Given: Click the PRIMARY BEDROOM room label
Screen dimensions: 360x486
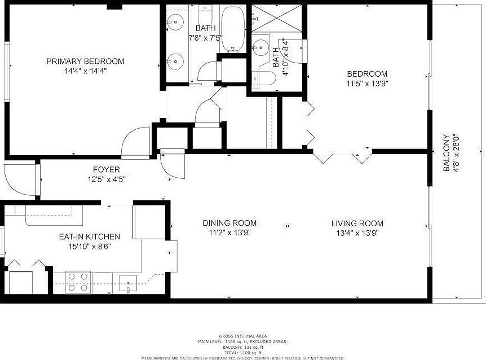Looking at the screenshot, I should click(85, 61).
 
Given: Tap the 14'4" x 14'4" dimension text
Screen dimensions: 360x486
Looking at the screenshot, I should click(85, 71).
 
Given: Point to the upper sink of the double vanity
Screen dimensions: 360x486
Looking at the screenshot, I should click(176, 23).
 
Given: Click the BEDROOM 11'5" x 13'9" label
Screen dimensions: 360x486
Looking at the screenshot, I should click(367, 74).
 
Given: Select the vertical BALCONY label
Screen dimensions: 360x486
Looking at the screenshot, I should click(447, 152).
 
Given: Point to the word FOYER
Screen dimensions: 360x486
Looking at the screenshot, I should click(107, 169).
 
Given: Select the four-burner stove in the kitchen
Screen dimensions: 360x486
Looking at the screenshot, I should click(78, 282).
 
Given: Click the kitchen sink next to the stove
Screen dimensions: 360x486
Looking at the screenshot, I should click(128, 283).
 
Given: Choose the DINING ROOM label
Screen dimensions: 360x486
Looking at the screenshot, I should click(229, 223).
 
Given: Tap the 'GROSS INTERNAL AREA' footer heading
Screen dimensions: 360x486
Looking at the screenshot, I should click(242, 336).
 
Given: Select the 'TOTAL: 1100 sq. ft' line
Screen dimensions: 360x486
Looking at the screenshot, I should click(242, 352).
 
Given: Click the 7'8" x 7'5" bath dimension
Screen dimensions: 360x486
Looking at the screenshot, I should click(205, 38).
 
